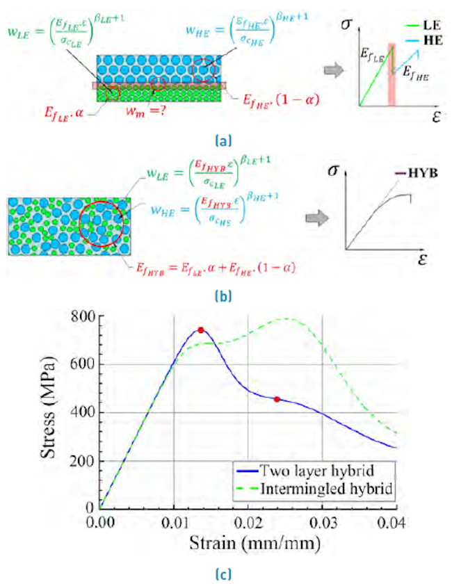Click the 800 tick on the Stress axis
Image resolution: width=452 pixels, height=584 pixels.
click(82, 317)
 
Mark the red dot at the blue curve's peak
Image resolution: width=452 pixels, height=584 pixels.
click(201, 330)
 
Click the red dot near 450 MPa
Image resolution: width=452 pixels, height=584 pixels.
click(277, 399)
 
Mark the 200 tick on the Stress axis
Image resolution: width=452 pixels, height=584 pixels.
click(82, 460)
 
